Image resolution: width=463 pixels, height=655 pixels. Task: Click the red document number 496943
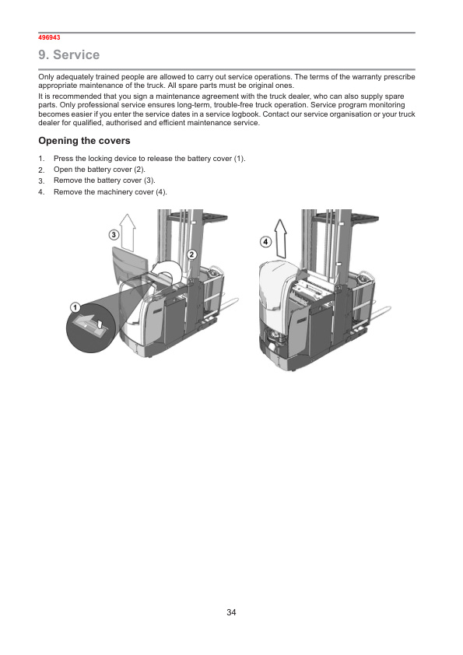49,37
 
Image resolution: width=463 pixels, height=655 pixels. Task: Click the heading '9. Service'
69,54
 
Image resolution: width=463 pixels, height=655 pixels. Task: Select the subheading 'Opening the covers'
84,141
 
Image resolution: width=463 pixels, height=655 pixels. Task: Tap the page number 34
231,612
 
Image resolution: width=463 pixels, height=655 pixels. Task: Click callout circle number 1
75,308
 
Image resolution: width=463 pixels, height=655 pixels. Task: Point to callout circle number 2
191,254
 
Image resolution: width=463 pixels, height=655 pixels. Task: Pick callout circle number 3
114,235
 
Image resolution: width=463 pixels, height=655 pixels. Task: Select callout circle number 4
266,241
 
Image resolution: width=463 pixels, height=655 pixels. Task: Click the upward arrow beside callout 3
128,233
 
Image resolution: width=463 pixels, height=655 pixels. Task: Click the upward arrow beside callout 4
280,239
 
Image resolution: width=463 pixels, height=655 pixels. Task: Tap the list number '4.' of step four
41,192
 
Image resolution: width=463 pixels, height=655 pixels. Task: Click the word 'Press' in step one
63,159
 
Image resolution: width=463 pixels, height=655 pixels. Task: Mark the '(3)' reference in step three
149,180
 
